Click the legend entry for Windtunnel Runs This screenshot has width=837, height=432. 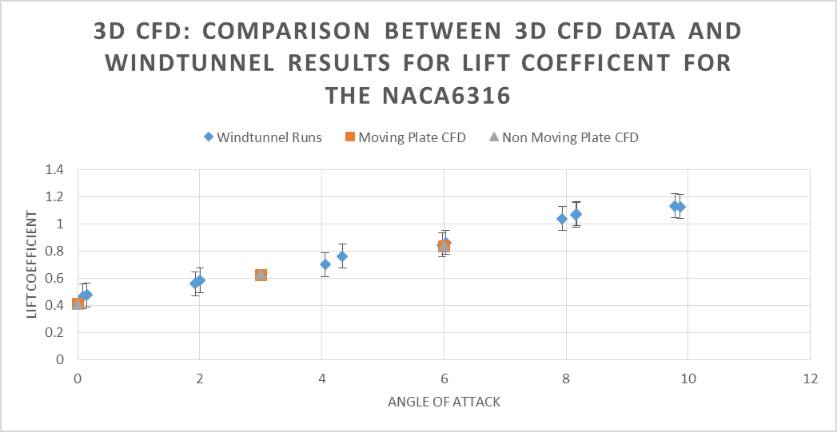pos(269,137)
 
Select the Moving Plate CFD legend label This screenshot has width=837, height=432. pos(412,137)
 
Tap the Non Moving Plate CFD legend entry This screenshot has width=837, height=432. pos(570,137)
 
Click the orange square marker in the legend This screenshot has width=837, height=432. pos(350,137)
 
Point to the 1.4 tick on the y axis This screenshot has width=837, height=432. pos(54,169)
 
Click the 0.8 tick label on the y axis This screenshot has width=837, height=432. pos(54,251)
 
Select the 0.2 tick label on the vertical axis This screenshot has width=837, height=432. pos(54,332)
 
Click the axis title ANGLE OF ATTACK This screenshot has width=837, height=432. pos(444,402)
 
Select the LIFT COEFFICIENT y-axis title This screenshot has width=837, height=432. pos(32,264)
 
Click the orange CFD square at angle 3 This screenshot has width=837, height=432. pos(261,275)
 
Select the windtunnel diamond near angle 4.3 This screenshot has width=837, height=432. pos(342,256)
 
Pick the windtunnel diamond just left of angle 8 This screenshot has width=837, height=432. pos(562,219)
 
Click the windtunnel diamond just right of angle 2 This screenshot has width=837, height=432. pos(200,280)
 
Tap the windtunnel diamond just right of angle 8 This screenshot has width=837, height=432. pos(576,214)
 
